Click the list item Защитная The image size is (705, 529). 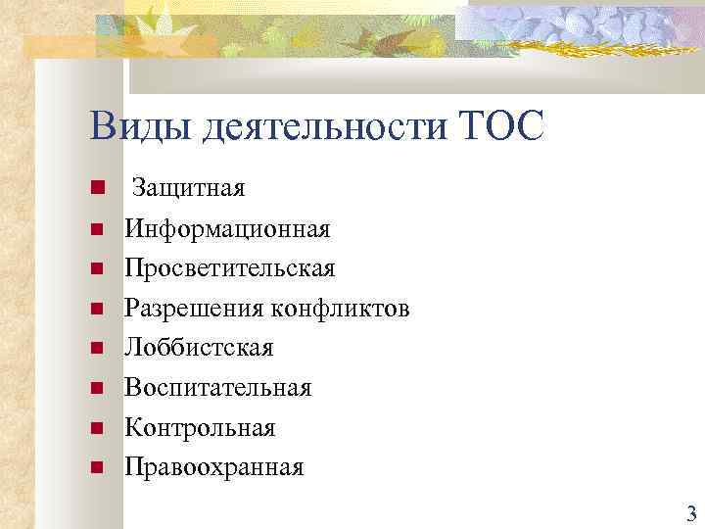(188, 187)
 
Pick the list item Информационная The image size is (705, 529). (227, 229)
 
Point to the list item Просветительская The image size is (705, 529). (229, 268)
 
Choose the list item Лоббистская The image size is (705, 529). (199, 348)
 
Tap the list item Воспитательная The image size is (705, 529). (217, 388)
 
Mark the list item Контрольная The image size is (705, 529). (200, 428)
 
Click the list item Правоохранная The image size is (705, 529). (213, 467)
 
